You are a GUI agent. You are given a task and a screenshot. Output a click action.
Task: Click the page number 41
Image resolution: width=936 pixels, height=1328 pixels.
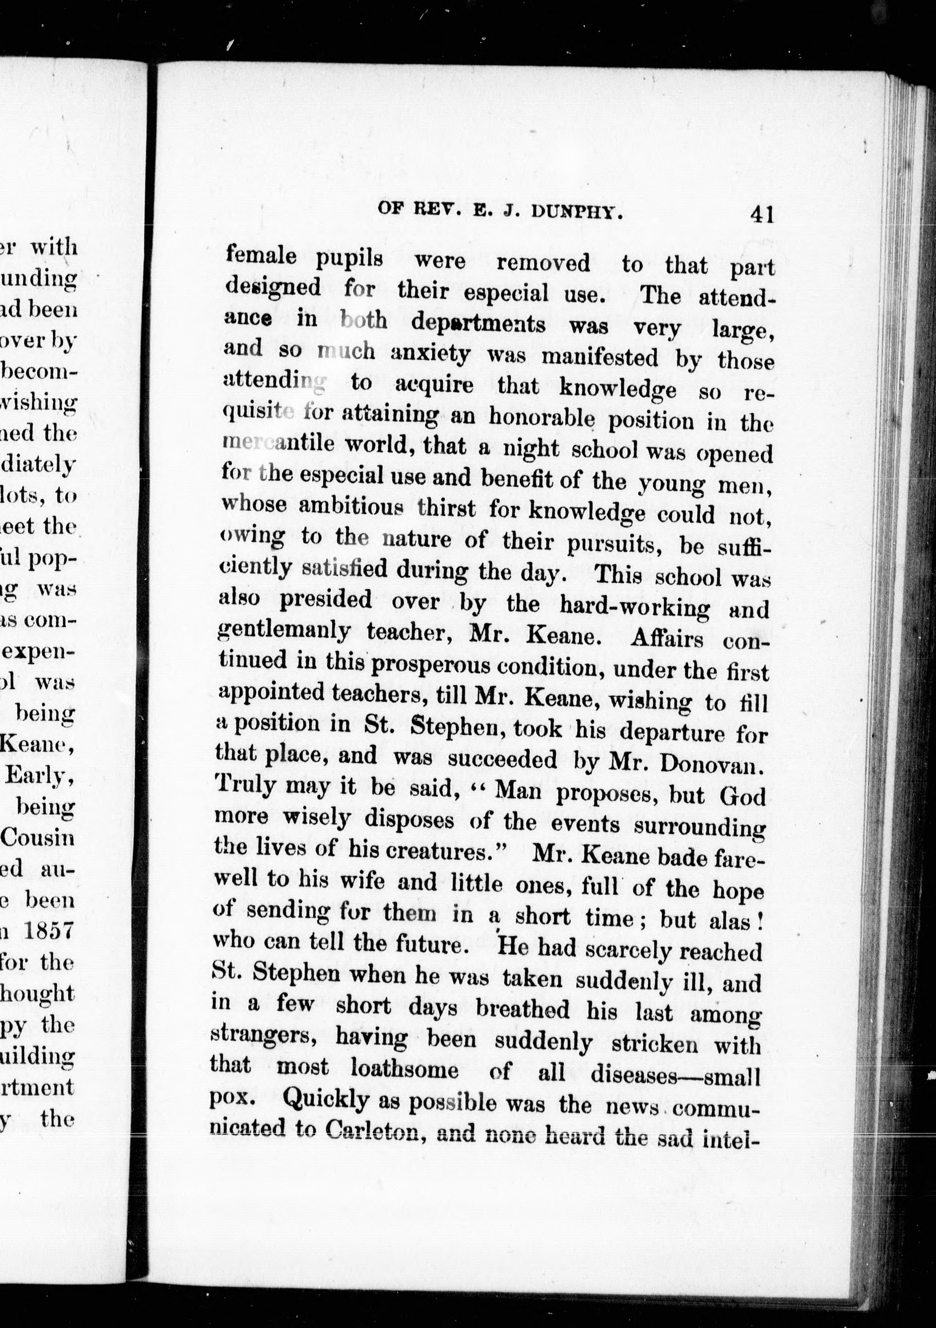[762, 215]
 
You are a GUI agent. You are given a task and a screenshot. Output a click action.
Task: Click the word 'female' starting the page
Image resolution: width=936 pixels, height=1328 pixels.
[261, 255]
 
